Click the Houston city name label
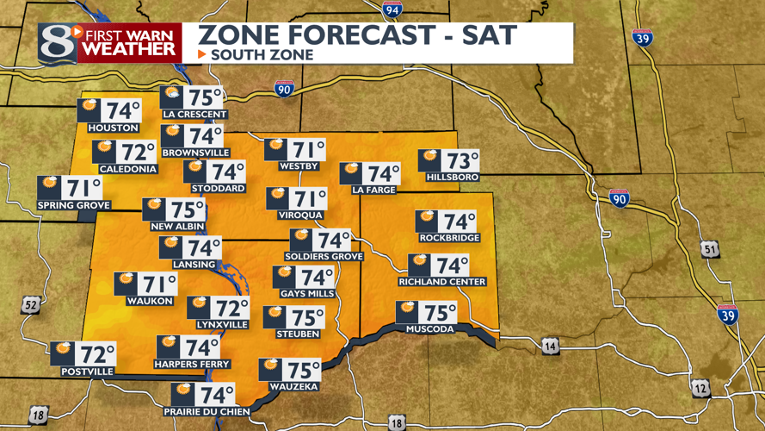coord(108,128)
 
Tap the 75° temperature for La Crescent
coord(207,97)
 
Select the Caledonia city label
coord(126,169)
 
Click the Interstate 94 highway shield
coord(392,10)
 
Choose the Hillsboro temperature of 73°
coord(463,161)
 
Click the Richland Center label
coord(442,282)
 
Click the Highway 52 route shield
coord(31,304)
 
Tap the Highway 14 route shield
coord(551,347)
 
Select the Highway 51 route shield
coord(708,250)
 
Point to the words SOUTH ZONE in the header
coord(262,54)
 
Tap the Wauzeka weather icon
coord(272,366)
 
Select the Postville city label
coord(88,372)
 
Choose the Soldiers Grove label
coord(325,257)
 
